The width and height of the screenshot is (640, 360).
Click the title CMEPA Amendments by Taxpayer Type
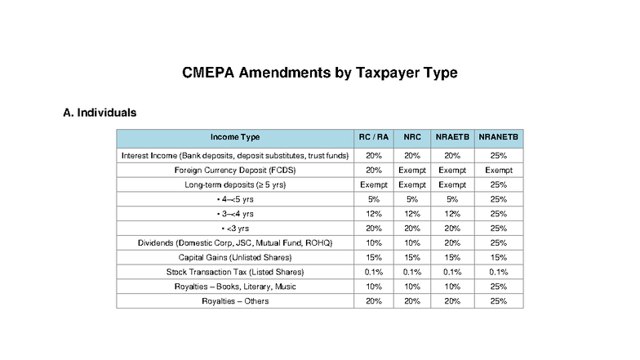pyautogui.click(x=319, y=73)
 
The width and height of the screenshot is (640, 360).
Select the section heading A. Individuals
pyautogui.click(x=99, y=112)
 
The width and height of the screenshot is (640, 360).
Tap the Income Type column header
pyautogui.click(x=235, y=137)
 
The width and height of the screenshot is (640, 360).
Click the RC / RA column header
pyautogui.click(x=374, y=137)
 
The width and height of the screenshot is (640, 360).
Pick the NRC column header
pyautogui.click(x=412, y=137)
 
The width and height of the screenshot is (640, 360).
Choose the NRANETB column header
pyautogui.click(x=498, y=137)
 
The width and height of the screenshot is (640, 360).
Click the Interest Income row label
pyautogui.click(x=235, y=155)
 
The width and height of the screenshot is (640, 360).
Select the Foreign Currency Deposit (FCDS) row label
pyautogui.click(x=235, y=170)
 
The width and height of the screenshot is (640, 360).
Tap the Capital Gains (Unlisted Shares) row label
pyautogui.click(x=235, y=257)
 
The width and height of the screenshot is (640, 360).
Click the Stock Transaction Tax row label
pyautogui.click(x=235, y=272)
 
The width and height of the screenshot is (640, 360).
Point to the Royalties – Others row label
pyautogui.click(x=235, y=301)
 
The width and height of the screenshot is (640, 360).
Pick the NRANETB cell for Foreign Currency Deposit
pyautogui.click(x=498, y=170)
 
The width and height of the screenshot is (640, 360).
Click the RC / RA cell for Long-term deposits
pyautogui.click(x=374, y=184)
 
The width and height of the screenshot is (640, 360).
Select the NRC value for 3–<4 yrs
pyautogui.click(x=412, y=214)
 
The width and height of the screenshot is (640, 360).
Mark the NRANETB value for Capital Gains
pyautogui.click(x=498, y=257)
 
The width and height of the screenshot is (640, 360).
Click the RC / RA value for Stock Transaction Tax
pyautogui.click(x=374, y=272)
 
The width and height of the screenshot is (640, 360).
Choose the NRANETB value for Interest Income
pyautogui.click(x=498, y=155)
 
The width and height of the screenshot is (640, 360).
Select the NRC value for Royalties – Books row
pyautogui.click(x=412, y=287)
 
